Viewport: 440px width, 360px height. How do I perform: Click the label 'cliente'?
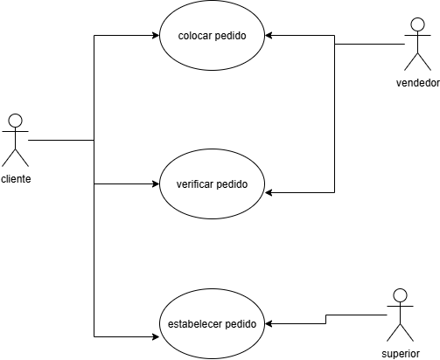pyautogui.click(x=16, y=178)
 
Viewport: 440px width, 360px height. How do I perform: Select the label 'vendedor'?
pyautogui.click(x=418, y=83)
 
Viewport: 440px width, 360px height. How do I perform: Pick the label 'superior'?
pyautogui.click(x=401, y=354)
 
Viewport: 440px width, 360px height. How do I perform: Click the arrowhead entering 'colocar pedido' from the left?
pyautogui.click(x=156, y=36)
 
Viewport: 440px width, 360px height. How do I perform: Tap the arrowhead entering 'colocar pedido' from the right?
pyautogui.click(x=269, y=36)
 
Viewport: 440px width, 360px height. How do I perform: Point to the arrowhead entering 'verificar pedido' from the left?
pyautogui.click(x=156, y=184)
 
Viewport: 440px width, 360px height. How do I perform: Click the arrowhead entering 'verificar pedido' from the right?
pyautogui.click(x=269, y=192)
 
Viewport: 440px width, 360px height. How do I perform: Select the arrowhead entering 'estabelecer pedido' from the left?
pyautogui.click(x=156, y=337)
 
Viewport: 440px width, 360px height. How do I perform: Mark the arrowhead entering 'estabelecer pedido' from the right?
pyautogui.click(x=269, y=323)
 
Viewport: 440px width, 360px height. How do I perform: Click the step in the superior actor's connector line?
pyautogui.click(x=325, y=319)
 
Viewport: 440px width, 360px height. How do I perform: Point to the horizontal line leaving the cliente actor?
pyautogui.click(x=61, y=140)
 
